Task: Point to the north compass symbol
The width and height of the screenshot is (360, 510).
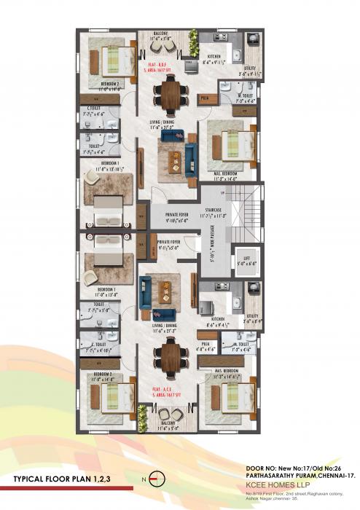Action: coord(163,479)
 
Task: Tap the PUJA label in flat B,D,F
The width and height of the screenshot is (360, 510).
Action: coord(206,96)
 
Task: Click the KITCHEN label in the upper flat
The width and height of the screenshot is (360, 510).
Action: coord(214,56)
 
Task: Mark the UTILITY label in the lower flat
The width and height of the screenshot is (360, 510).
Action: coord(252,315)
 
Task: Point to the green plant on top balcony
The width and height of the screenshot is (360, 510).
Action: coord(193,38)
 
